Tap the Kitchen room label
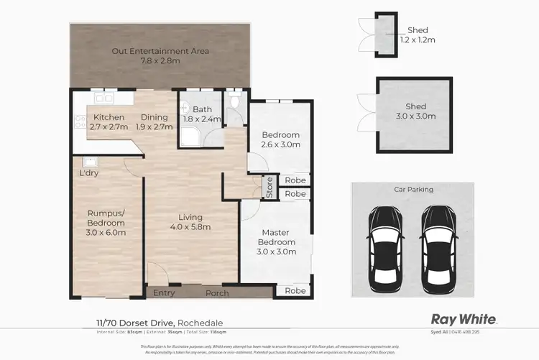[x=109, y=122]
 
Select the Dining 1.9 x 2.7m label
[x=154, y=122]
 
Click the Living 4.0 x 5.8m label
[x=191, y=223]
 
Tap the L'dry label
[x=89, y=173]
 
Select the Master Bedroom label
[x=275, y=238]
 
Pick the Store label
[x=269, y=186]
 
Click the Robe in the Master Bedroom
[x=293, y=291]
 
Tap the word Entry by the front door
[x=164, y=293]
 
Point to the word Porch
[x=217, y=293]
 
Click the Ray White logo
[x=464, y=319]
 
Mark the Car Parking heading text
[x=413, y=190]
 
